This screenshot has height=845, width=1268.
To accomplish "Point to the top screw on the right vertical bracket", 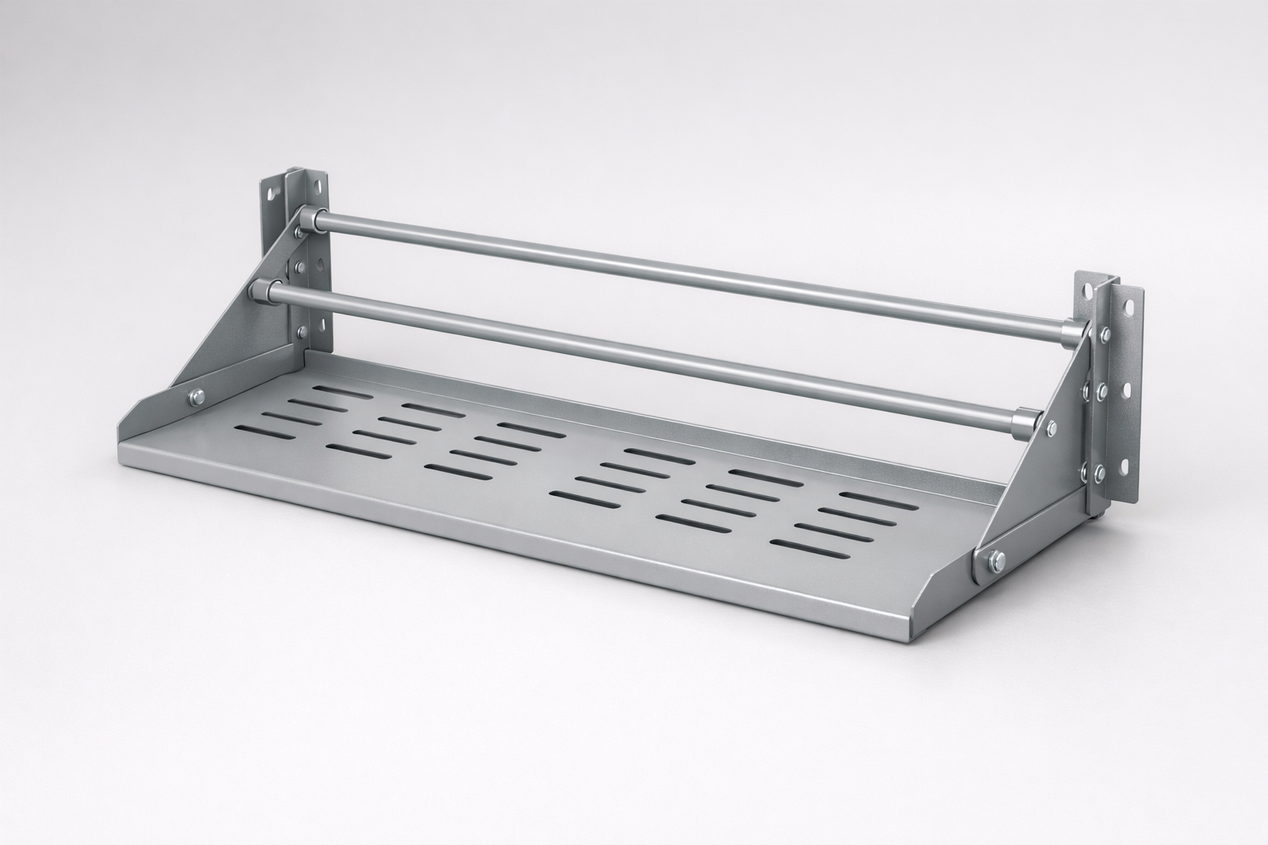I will [1101, 334].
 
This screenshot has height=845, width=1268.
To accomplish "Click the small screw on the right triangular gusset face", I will [1051, 427].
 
